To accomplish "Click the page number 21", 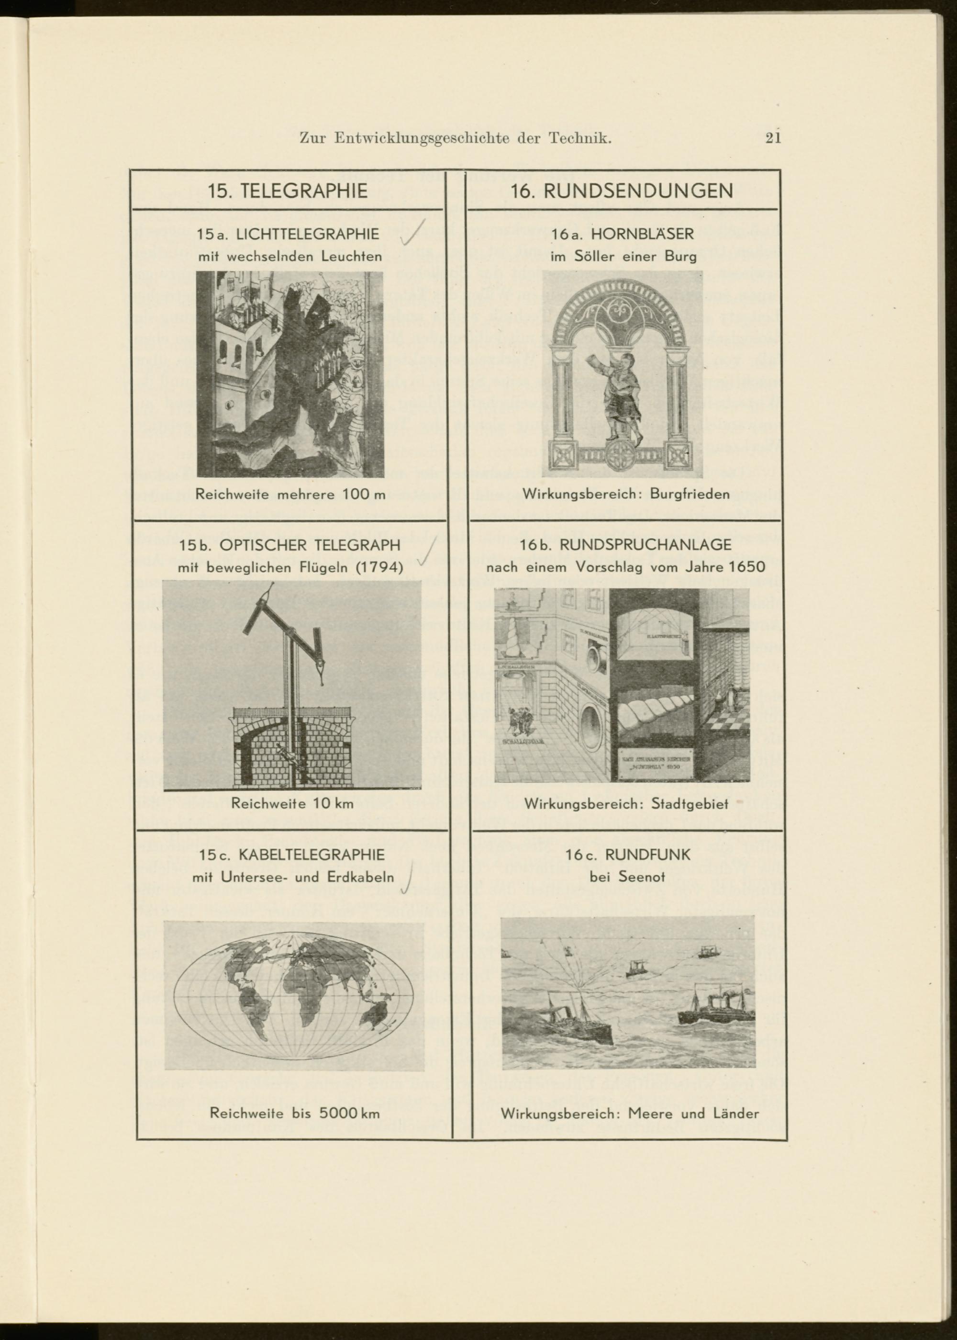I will coord(773,138).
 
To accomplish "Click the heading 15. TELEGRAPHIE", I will coord(288,191).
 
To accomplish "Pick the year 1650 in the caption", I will coord(746,567).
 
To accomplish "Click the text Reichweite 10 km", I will coord(292,803).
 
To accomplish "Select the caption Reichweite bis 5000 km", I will coord(295,1114).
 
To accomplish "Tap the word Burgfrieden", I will coord(690,494).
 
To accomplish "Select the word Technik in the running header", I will coord(580,138).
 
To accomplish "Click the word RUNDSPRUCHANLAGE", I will coord(645,545).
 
